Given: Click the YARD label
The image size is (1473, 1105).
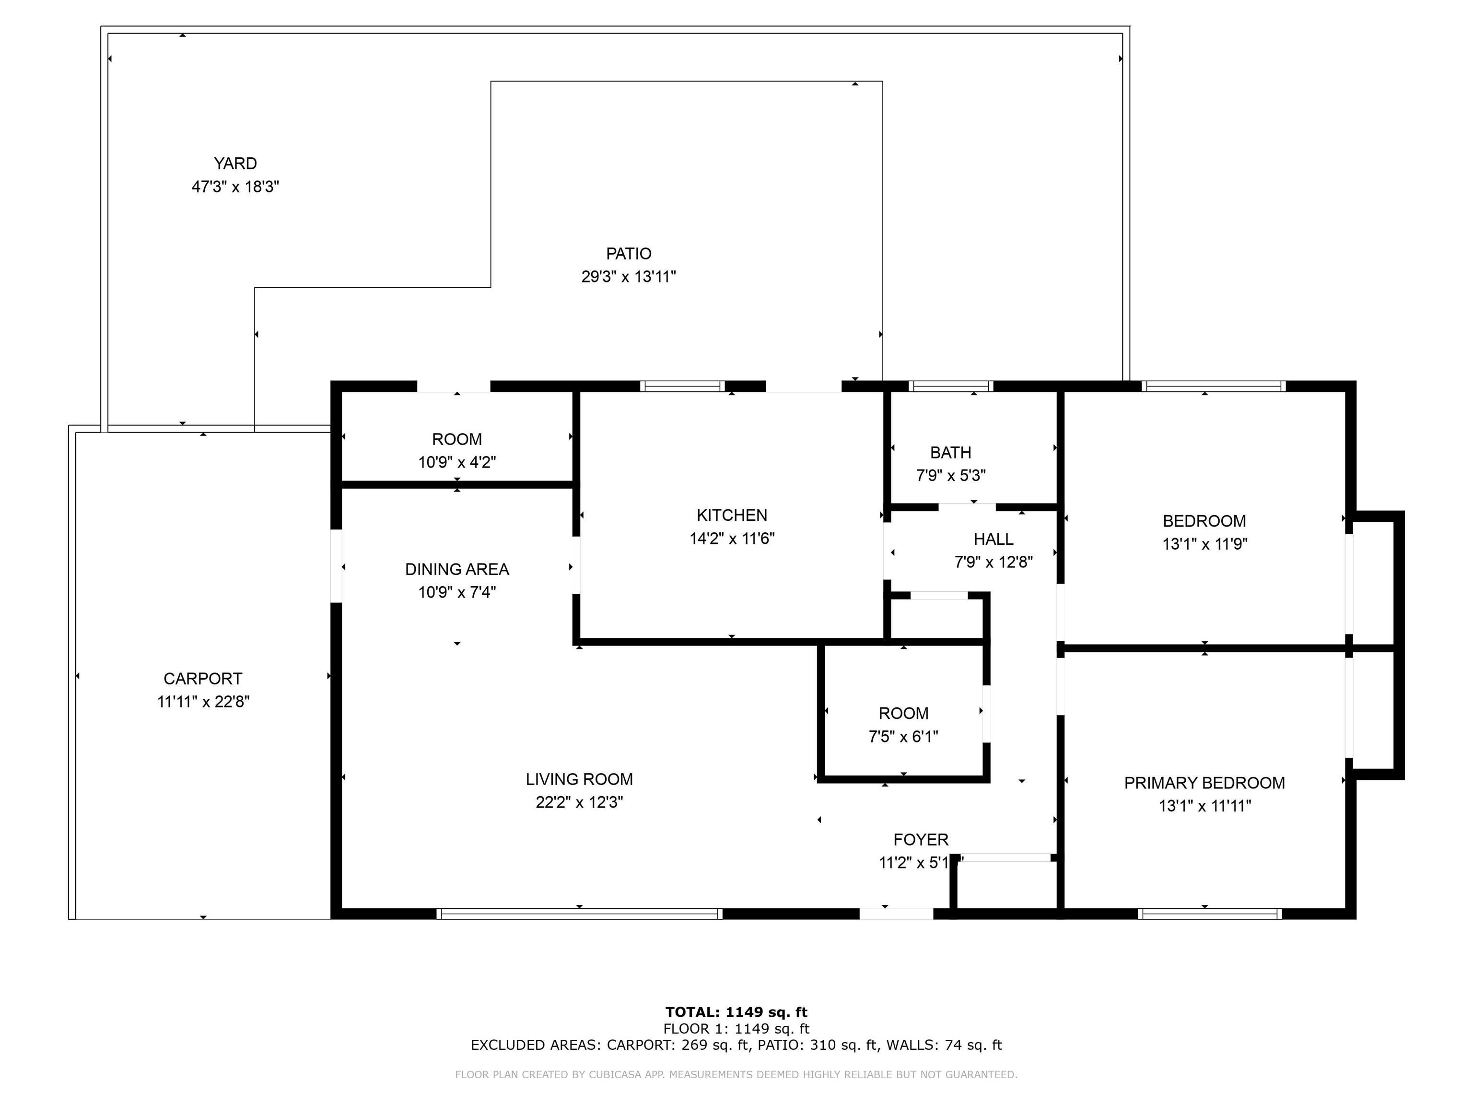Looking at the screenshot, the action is point(235,163).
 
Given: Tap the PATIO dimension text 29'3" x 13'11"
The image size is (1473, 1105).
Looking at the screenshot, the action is point(629,276).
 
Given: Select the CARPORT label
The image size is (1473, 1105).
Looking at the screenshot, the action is point(203,679).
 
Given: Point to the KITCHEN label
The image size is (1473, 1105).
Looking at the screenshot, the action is point(732,515).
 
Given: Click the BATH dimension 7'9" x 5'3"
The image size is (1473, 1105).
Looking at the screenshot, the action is point(951,476).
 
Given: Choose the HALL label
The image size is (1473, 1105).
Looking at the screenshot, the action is point(994,539).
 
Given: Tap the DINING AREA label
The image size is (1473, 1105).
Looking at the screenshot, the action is point(457,569).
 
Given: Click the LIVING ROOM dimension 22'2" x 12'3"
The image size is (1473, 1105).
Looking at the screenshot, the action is point(579,802).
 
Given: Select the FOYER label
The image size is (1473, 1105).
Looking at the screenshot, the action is point(921,840).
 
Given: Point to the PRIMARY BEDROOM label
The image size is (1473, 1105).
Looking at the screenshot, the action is point(1204,783).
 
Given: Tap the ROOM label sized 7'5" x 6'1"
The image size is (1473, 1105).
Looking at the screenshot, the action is point(904,713).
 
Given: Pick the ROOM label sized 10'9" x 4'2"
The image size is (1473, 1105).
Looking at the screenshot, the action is point(457,440).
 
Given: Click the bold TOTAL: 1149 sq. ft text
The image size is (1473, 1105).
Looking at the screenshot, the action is point(736,1012).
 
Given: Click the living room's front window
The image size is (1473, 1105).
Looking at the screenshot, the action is point(579,914).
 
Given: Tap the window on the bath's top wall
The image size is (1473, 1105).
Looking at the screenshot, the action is point(951,386).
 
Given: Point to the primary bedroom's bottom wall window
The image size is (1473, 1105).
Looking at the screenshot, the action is point(1210,914).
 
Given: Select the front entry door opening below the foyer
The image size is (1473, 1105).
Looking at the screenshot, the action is point(896,914).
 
